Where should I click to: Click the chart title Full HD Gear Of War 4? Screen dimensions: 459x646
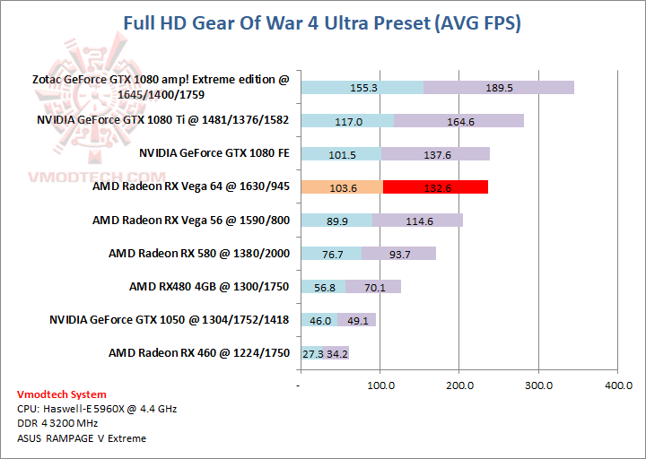pos(322,24)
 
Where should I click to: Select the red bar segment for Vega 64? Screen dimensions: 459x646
pos(435,186)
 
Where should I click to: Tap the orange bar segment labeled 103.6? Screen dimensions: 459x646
pos(342,186)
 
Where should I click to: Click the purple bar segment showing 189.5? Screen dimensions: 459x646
pos(498,87)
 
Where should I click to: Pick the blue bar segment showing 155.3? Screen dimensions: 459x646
pos(362,87)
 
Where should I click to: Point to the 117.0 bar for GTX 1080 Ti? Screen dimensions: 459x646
pos(346,121)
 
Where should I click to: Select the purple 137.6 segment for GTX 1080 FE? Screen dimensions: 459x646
pos(436,153)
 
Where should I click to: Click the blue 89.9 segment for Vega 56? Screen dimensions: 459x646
pos(336,221)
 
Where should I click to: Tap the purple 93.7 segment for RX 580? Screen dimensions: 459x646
pos(398,254)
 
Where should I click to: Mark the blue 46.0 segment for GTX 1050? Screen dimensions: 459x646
pos(319,320)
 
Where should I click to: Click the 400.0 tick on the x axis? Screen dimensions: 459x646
pos(618,385)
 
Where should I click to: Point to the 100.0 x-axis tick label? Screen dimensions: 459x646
pos(380,385)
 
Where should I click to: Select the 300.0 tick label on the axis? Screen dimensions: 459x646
pos(538,385)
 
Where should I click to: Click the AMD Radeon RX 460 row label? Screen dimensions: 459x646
pos(199,353)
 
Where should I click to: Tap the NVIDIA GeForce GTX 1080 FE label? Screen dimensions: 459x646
pos(214,153)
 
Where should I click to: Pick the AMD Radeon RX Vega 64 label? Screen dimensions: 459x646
pos(191,186)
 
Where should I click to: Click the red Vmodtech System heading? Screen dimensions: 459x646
pos(61,394)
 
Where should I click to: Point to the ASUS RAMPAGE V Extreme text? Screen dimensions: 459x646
pos(81,438)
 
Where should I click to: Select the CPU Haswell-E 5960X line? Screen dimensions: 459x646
pos(97,409)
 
